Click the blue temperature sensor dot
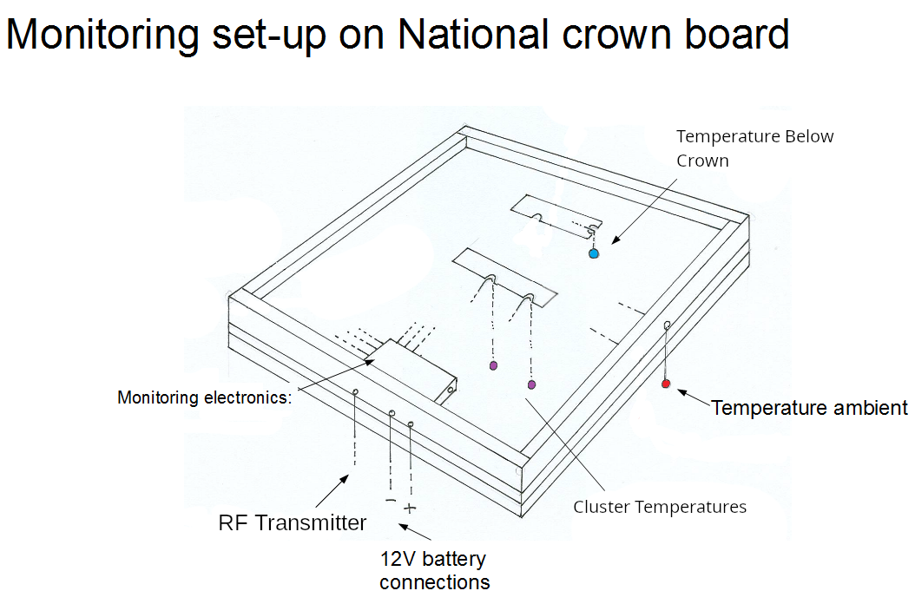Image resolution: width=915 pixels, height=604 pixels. point(594,253)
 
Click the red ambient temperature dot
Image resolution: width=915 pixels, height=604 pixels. point(666,384)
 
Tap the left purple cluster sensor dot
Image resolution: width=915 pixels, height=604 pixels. point(493,365)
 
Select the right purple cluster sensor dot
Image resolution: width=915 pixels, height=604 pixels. point(531,384)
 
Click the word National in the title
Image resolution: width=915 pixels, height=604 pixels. point(473,34)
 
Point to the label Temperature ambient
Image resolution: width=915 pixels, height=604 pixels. point(809,407)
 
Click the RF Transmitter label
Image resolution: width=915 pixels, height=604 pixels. point(292,522)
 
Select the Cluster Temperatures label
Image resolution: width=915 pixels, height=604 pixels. point(660,507)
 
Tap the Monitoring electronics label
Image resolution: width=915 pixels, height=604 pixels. point(205,397)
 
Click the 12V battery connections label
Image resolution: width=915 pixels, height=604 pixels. point(433,569)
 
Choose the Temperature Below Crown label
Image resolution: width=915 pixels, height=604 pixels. point(754,148)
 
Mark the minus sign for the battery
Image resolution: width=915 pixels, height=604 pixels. point(390,502)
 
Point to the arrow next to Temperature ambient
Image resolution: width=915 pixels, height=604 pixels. point(692,397)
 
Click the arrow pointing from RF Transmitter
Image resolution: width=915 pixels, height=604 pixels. point(332,491)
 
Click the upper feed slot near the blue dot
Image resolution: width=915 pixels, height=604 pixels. point(556,215)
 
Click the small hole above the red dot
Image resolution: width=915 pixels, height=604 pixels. point(667,325)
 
